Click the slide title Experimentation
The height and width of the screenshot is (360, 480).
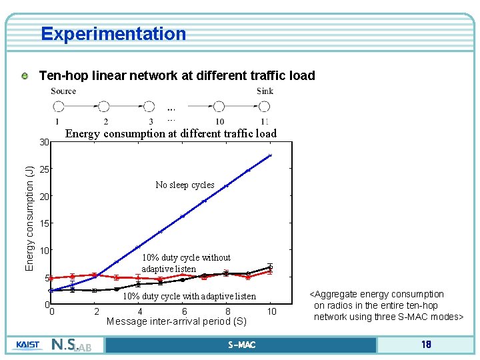coord(113,33)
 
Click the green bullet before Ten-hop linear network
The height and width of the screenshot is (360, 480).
coord(25,76)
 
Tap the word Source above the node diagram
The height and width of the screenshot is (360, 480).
coord(63,91)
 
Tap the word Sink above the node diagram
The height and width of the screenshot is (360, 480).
coord(265,91)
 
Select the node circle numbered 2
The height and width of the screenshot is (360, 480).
coord(103,106)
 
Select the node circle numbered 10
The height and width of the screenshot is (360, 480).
coord(219,106)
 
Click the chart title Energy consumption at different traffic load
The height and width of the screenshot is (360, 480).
coord(171,133)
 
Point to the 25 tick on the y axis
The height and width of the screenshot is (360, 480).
coord(45,169)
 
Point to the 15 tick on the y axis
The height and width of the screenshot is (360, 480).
coord(45,223)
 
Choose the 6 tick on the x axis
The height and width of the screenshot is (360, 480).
coord(184,311)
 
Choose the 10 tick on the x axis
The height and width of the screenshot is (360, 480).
coord(271,311)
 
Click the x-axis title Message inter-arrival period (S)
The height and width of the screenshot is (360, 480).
coord(177,322)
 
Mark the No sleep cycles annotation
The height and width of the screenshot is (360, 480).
coord(185,185)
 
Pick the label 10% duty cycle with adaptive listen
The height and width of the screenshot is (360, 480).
coord(189,296)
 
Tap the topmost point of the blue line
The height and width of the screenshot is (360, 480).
coord(270,155)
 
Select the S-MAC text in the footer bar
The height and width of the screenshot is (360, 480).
coord(241,345)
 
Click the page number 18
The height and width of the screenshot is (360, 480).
coord(426,345)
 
